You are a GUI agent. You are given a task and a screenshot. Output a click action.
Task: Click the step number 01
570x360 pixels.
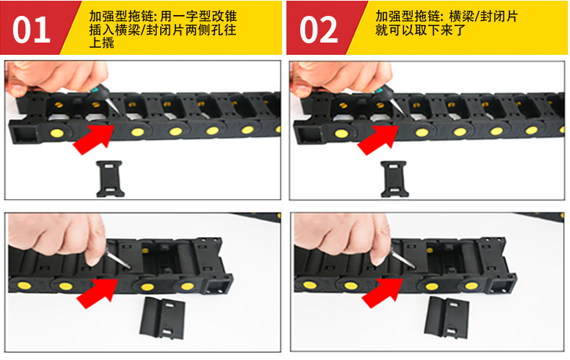coord(32,30)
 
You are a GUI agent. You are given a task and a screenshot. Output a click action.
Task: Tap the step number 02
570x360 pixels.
coord(318,30)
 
